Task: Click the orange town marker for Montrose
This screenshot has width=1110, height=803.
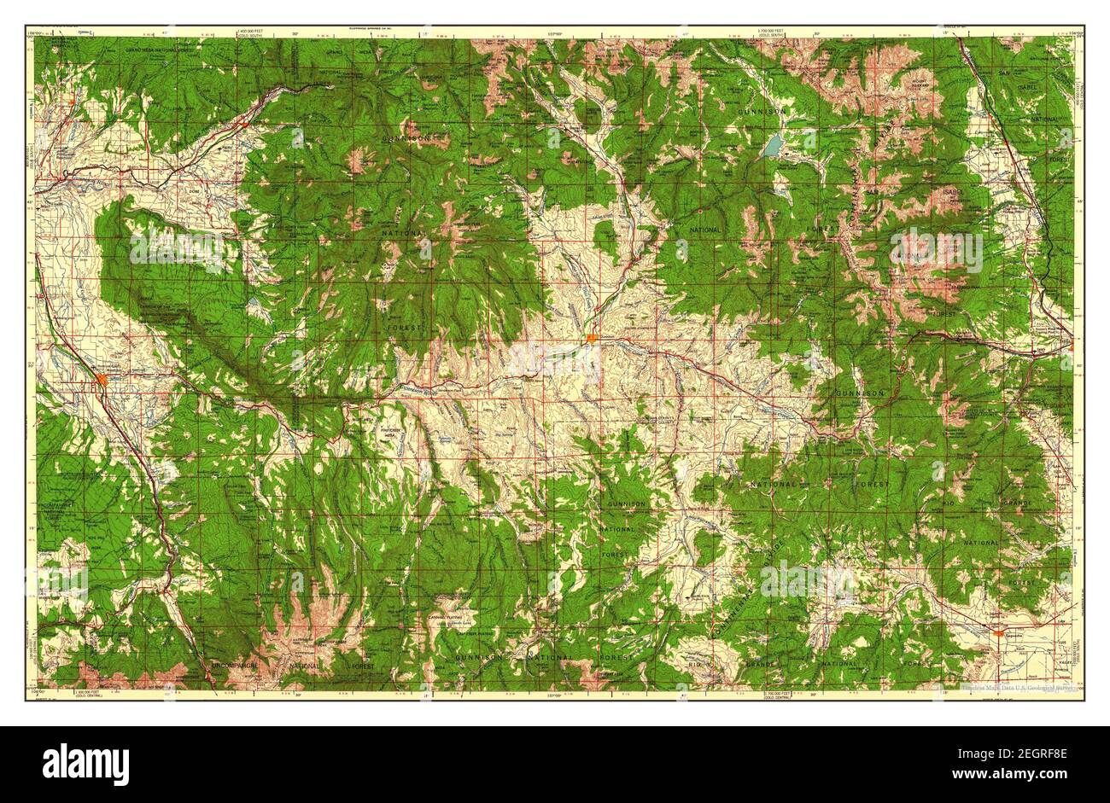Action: pyautogui.click(x=102, y=379)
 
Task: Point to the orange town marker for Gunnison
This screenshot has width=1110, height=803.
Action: pyautogui.click(x=591, y=340)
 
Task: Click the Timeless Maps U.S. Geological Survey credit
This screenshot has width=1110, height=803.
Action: pyautogui.click(x=1008, y=687)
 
